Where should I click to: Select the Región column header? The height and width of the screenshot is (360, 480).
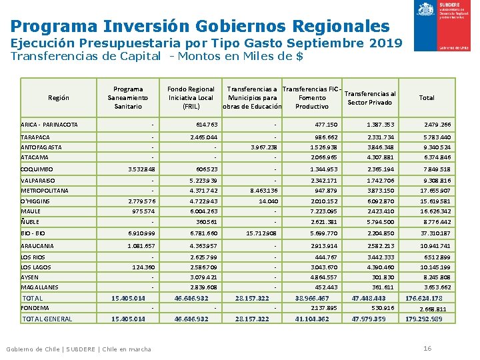click(59, 98)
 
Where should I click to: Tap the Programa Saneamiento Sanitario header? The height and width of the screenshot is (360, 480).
click(128, 97)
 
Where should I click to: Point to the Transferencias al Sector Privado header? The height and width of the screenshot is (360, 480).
click(371, 98)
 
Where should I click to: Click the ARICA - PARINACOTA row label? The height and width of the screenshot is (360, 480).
click(49, 125)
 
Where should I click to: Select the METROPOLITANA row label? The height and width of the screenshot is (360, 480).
click(45, 191)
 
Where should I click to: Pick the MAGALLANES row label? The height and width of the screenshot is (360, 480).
click(40, 287)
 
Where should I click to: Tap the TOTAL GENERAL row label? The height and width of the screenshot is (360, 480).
click(47, 319)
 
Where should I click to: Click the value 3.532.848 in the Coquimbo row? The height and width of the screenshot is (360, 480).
click(138, 169)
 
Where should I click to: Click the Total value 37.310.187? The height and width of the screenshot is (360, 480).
click(435, 234)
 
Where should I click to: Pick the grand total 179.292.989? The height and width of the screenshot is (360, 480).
click(424, 319)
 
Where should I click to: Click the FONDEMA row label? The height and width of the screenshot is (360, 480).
click(35, 308)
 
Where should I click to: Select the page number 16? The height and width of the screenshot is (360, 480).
click(427, 349)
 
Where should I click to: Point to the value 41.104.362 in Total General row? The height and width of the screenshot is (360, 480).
click(312, 319)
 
